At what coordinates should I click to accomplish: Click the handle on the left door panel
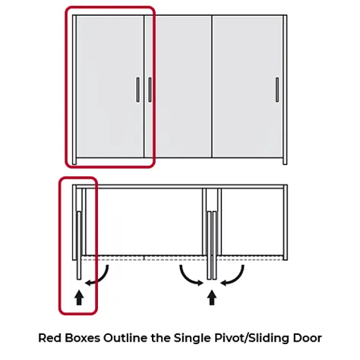tap(138, 90)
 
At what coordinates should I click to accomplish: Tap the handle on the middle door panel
tap(150, 90)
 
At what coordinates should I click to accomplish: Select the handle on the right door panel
tap(277, 90)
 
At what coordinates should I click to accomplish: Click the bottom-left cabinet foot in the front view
tap(74, 161)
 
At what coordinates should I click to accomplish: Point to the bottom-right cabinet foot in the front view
tap(285, 161)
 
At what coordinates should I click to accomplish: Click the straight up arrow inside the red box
tap(79, 298)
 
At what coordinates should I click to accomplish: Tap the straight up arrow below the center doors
tap(212, 298)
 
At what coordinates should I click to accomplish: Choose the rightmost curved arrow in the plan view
tap(235, 278)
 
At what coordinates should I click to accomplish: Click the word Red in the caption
tap(50, 338)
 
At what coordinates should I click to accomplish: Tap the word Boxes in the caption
tap(83, 338)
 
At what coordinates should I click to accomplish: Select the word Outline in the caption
tap(126, 338)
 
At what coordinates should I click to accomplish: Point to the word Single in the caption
tap(192, 338)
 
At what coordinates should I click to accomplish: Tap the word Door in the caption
tap(308, 338)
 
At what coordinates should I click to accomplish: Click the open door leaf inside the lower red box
tap(79, 245)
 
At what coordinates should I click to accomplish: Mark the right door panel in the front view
tap(248, 87)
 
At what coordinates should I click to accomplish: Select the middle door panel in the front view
tap(178, 87)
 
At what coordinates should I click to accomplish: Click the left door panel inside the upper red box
tap(110, 87)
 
